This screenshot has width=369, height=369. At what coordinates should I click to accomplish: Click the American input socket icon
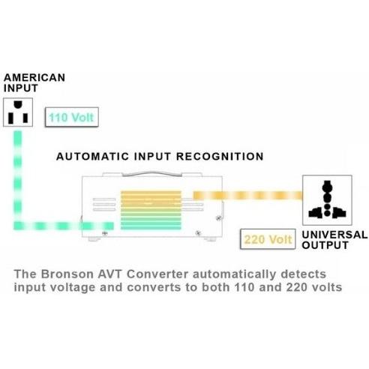coord(18,112)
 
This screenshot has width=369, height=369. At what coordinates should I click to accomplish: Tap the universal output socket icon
coord(327,200)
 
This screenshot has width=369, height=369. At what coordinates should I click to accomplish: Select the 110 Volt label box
coord(72,117)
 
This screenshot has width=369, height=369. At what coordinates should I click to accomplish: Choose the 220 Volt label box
coord(268,239)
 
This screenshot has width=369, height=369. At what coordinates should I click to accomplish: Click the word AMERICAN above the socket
coord(34,77)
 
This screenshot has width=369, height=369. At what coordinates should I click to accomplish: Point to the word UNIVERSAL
coord(334,235)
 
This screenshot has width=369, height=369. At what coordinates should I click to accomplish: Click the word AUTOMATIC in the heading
coord(92,157)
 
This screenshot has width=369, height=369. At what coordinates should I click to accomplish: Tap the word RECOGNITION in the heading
coord(220,157)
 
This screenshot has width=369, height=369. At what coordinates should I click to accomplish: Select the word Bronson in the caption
coord(67,274)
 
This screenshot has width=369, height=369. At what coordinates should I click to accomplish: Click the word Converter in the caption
coord(157,274)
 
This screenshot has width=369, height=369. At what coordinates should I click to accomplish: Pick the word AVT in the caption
coord(110,274)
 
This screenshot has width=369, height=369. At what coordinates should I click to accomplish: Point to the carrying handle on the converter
coord(152,174)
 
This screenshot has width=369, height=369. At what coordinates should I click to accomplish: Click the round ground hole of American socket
coord(18,104)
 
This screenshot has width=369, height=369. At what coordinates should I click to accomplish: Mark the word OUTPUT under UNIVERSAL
coord(325,245)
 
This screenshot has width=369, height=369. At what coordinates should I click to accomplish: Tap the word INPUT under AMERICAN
coord(21,88)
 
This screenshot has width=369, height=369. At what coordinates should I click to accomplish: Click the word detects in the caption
coord(304,274)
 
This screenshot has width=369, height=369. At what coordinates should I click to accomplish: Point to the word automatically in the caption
coord(235,274)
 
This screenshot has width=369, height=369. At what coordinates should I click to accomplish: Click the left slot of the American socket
coord(10,118)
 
